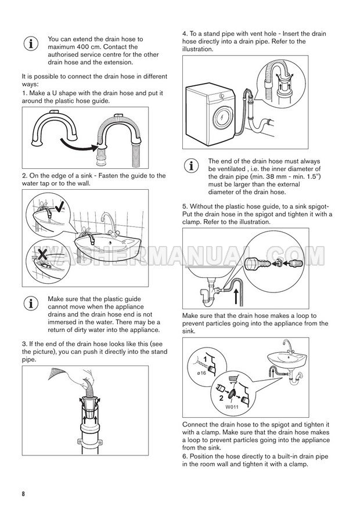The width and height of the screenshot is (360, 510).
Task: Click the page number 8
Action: (x=23, y=494)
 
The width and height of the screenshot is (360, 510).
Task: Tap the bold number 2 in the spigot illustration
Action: (x=222, y=399)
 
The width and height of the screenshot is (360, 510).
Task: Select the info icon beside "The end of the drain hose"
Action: (x=190, y=165)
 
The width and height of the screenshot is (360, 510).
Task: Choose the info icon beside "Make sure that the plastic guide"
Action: (x=29, y=303)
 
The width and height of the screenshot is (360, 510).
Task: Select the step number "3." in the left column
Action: (x=25, y=345)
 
